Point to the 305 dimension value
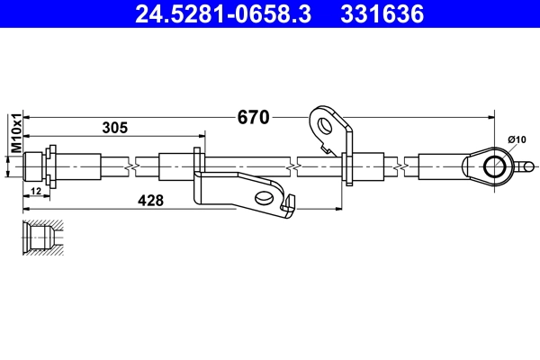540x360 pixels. pos(114,129)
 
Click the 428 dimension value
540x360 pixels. pos(150,202)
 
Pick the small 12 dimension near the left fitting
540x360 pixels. pos(36,193)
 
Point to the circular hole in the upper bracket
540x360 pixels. pos(323,126)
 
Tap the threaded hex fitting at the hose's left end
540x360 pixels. pos(37,166)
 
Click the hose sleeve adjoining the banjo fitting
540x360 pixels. pos(440,166)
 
